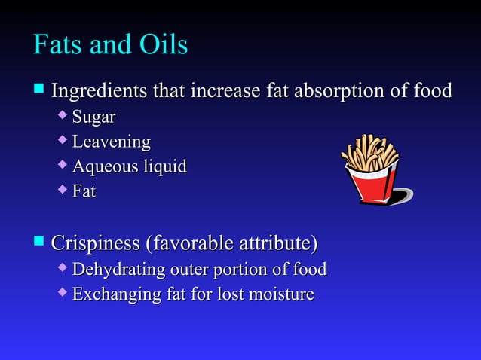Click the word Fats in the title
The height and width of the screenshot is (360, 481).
point(58,45)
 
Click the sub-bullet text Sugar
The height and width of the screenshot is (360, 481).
point(93,117)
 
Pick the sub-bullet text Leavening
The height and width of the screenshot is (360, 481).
point(111,142)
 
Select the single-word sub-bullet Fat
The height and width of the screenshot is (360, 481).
point(84,191)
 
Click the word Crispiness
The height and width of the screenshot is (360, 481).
point(95,244)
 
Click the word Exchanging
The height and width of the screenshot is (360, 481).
point(115,294)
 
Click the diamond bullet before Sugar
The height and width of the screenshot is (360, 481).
point(63,117)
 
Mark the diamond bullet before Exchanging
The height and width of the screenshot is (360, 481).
point(63,294)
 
